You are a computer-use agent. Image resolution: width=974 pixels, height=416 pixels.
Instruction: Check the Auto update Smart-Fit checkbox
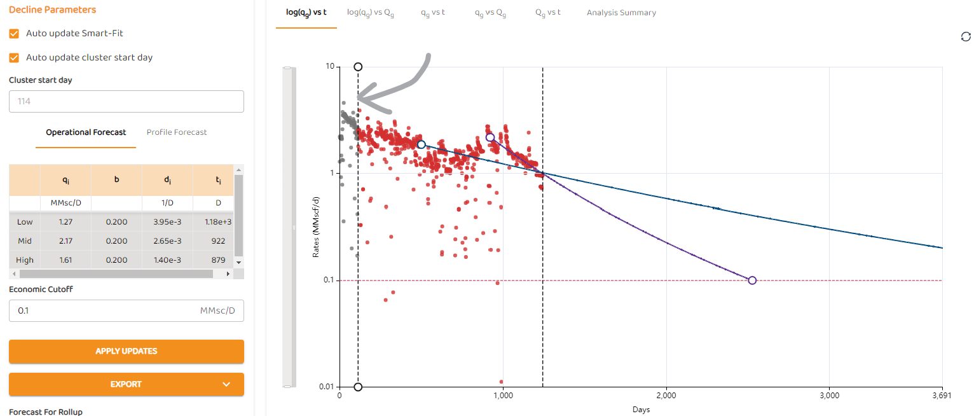14,33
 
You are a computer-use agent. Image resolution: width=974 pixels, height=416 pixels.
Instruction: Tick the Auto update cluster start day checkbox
14,57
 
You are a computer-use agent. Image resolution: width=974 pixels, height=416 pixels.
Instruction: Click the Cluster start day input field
127,101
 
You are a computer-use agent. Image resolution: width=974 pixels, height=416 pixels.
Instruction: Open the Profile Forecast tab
177,132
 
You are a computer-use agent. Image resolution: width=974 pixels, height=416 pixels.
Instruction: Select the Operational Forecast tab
86,132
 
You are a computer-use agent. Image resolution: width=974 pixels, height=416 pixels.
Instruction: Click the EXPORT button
127,384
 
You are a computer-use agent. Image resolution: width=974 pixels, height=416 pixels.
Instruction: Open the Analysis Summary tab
621,13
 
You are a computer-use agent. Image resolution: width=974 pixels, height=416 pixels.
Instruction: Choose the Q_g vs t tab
548,13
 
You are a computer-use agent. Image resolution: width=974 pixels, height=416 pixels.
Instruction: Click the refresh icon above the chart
965,37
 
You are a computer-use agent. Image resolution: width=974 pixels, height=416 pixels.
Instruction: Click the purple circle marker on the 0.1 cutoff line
752,281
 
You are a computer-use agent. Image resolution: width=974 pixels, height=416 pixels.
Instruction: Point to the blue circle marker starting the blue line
421,144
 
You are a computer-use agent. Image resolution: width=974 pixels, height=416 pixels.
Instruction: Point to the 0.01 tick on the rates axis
326,387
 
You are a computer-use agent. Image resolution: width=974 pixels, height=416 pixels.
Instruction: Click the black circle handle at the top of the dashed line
358,67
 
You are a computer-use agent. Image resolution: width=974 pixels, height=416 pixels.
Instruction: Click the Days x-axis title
641,410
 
